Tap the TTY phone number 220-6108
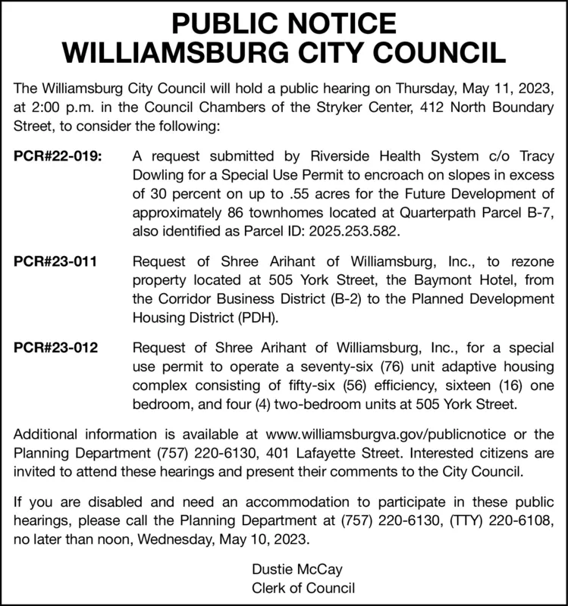(527, 523)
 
